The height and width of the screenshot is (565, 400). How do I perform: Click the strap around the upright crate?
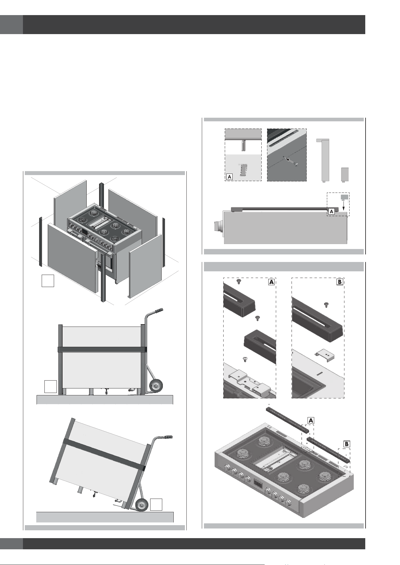point(102,349)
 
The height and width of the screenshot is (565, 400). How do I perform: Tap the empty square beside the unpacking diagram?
point(48,280)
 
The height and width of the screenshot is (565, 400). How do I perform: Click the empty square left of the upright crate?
point(50,387)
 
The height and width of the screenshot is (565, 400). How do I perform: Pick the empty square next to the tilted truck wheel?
point(156,504)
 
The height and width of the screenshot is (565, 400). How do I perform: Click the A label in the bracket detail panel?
point(230,177)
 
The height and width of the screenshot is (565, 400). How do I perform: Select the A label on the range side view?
point(331,212)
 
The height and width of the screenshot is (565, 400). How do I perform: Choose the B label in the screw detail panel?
point(340,282)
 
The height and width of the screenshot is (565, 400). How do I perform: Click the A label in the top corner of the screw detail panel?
point(271,282)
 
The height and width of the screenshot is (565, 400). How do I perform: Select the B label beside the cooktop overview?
point(347,444)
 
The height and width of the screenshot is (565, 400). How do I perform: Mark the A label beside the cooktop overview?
point(311,420)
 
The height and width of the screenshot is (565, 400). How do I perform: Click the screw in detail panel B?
point(326,304)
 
